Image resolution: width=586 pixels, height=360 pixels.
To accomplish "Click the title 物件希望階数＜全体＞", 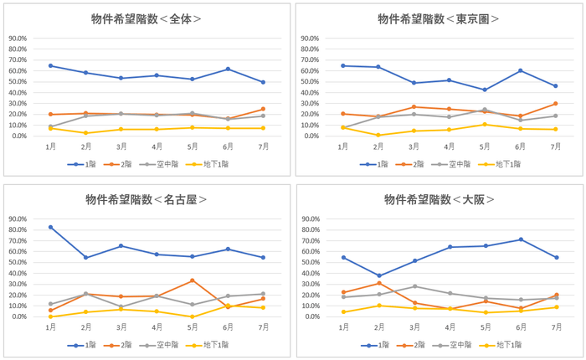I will (146, 18).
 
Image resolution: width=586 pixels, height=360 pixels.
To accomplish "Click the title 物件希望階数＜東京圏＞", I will (439, 18).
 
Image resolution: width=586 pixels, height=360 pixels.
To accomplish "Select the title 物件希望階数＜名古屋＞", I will (146, 199).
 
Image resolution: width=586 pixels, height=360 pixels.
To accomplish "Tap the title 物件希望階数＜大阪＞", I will (439, 199).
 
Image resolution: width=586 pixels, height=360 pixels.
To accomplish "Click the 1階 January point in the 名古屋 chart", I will (51, 227).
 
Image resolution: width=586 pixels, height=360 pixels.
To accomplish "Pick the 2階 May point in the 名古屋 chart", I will (193, 280).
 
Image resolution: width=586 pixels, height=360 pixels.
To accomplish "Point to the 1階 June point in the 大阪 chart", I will (520, 239).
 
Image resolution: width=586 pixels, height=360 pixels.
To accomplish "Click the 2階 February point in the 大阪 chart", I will (378, 283).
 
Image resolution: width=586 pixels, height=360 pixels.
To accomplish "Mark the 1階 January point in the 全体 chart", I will (51, 65).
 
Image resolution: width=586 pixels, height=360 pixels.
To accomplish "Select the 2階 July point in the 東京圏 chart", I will (555, 104).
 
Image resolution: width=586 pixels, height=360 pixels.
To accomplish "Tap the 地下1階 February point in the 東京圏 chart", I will (378, 135).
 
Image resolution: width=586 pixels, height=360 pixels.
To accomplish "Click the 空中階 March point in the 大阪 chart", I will (414, 286).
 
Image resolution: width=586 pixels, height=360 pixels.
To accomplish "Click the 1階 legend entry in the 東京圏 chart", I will (376, 164).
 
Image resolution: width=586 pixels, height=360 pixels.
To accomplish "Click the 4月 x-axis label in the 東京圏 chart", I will (449, 146).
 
